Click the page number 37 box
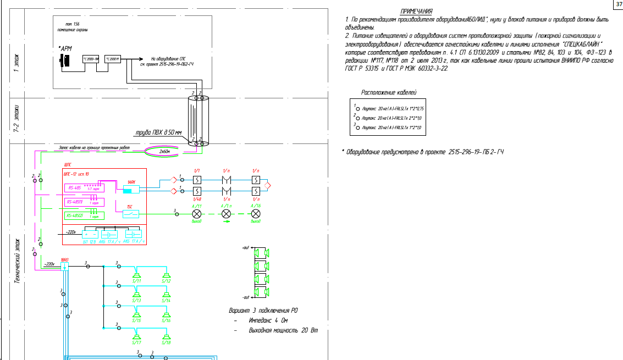tap(616, 4)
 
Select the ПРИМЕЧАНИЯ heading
tap(416, 12)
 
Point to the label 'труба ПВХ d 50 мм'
tap(158, 133)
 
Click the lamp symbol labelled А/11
tap(197, 213)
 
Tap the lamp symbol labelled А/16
tap(255, 213)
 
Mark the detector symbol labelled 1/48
tap(197, 191)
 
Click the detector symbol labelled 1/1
tap(197, 180)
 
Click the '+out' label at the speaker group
tap(245, 248)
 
